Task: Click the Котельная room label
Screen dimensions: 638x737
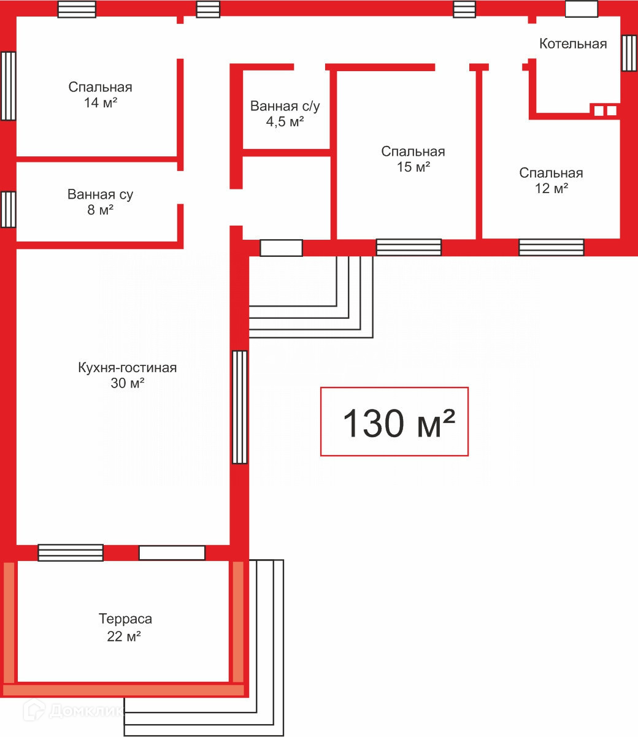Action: pyautogui.click(x=573, y=44)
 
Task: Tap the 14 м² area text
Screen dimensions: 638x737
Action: pyautogui.click(x=101, y=102)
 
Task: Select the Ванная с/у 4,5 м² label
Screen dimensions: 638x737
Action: pyautogui.click(x=285, y=114)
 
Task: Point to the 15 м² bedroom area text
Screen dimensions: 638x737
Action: pyautogui.click(x=413, y=167)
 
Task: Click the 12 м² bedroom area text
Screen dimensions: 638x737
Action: pyautogui.click(x=552, y=188)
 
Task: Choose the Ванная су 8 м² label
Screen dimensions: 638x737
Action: pyautogui.click(x=100, y=202)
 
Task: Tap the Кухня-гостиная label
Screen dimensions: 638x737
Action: pyautogui.click(x=128, y=368)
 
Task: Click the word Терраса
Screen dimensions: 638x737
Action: pyautogui.click(x=125, y=619)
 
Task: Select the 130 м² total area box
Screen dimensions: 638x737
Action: pyautogui.click(x=394, y=421)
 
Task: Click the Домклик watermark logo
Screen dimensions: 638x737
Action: pyautogui.click(x=73, y=711)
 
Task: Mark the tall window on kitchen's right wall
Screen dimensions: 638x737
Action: pyautogui.click(x=239, y=407)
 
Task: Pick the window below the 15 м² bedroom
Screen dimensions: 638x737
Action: pyautogui.click(x=409, y=247)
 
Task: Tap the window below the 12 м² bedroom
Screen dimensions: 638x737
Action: pyautogui.click(x=552, y=247)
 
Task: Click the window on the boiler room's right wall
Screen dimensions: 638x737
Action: pyautogui.click(x=629, y=53)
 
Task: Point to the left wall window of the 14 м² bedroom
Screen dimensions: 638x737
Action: pyautogui.click(x=8, y=86)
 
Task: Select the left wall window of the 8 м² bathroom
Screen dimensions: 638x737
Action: pyautogui.click(x=8, y=209)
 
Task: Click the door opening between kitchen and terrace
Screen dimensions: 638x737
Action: pyautogui.click(x=172, y=552)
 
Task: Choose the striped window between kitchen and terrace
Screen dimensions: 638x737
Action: pyautogui.click(x=71, y=552)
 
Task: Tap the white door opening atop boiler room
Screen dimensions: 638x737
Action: pyautogui.click(x=582, y=9)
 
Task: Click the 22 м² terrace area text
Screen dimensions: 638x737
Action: pyautogui.click(x=124, y=636)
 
